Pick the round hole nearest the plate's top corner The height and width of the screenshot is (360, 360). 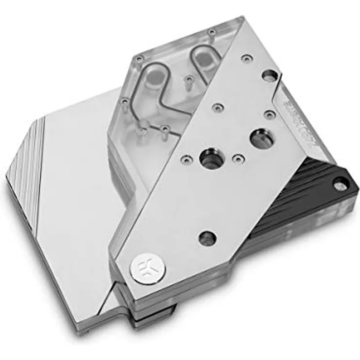(269, 76)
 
